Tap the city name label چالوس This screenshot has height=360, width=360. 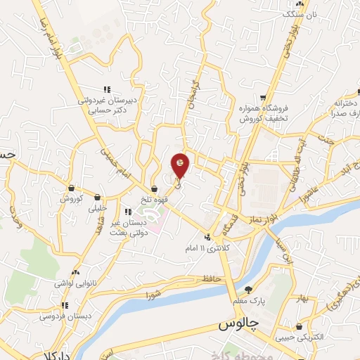coord(233,324)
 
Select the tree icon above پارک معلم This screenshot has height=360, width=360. coord(249,289)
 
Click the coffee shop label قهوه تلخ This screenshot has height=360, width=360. coord(154,200)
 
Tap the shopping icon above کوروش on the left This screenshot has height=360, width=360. coord(72,188)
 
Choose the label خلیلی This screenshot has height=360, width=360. coord(97,209)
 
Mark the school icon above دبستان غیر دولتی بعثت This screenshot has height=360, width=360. coord(138,211)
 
